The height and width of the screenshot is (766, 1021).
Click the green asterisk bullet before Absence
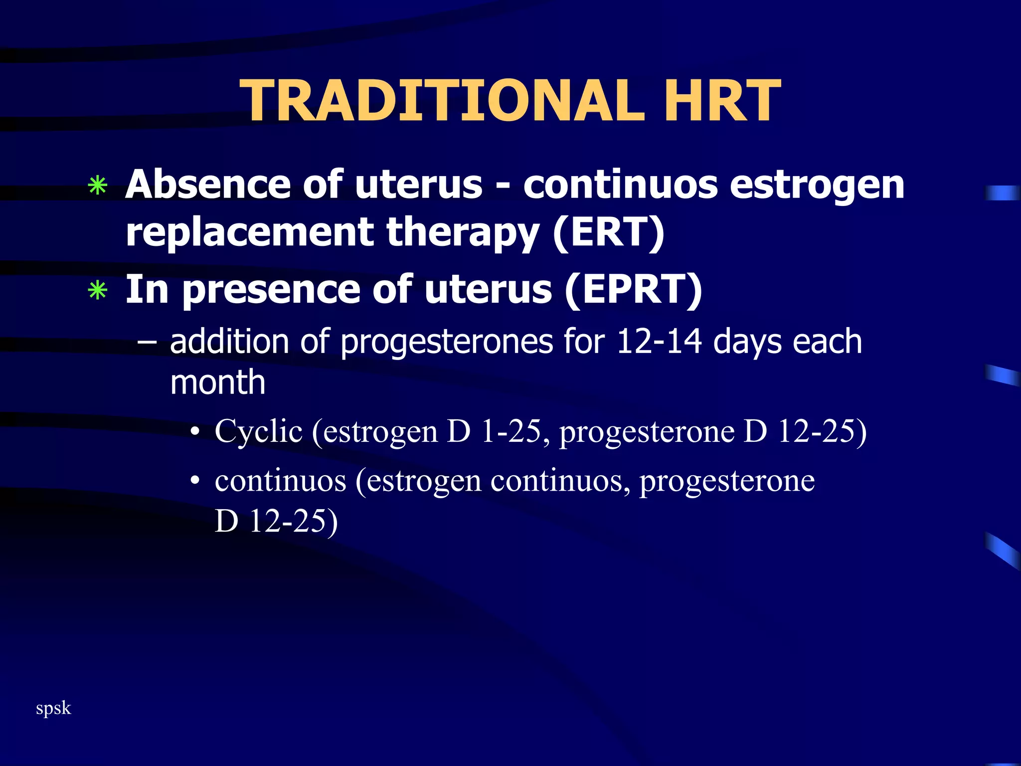point(97,186)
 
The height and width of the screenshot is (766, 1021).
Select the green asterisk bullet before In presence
point(97,291)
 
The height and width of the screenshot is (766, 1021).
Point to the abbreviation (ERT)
point(608,232)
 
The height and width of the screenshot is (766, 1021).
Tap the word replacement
point(250,232)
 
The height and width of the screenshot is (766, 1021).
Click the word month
point(217,383)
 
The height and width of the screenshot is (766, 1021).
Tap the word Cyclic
point(258,432)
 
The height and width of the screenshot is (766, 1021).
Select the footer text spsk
point(53,708)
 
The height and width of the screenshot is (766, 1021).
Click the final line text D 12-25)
point(276,521)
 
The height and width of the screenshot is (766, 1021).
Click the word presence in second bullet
point(272,291)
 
